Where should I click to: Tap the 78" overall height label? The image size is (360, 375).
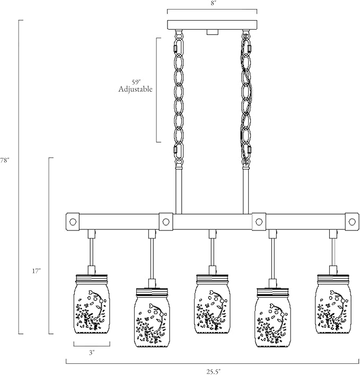pos(4,160)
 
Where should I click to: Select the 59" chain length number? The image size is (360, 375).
pos(136,82)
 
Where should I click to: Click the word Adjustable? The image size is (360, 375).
pos(136,89)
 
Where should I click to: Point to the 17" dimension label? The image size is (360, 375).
pos(37,271)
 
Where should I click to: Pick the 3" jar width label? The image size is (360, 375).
pos(92,353)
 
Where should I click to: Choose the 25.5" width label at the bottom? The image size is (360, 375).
pos(213,372)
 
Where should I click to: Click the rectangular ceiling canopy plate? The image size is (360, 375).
pos(212,25)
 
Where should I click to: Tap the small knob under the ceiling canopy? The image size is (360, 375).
pos(212,32)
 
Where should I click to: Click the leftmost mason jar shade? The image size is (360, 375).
pos(92,304)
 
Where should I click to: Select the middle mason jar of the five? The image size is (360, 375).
pos(212,304)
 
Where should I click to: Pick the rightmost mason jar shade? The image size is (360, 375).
pos(333,304)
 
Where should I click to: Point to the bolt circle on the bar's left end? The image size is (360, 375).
pos(73,222)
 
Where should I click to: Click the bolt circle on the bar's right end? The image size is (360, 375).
pos(352,222)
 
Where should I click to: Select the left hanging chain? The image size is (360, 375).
pos(178,98)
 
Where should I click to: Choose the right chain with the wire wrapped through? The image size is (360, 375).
pos(246,98)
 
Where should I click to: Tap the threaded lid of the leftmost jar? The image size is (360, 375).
pos(92,279)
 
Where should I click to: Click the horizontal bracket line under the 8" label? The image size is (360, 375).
pos(212,10)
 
